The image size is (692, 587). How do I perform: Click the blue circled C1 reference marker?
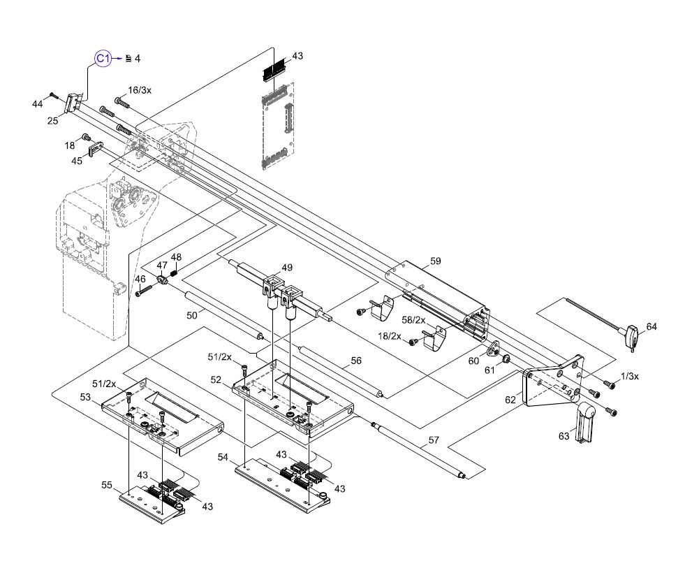click(103, 59)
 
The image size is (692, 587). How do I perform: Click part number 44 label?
click(37, 104)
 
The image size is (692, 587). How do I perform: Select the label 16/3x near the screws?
click(140, 90)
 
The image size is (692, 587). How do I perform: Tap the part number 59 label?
click(436, 261)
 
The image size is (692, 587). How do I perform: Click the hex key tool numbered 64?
click(632, 336)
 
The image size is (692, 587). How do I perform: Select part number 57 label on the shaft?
click(434, 441)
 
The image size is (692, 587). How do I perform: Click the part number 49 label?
click(288, 268)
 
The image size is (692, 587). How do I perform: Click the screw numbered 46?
click(139, 293)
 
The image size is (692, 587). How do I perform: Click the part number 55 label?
click(107, 484)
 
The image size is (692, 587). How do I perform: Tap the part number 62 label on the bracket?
click(510, 400)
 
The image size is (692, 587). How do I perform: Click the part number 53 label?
click(86, 397)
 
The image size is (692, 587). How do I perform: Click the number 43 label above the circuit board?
click(298, 55)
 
